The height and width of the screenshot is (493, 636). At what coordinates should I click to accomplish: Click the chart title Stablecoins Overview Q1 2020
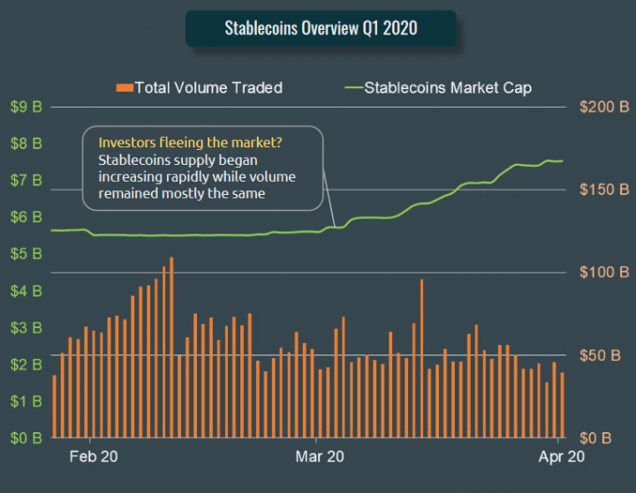click(x=321, y=28)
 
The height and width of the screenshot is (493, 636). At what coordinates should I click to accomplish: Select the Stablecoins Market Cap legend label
click(x=448, y=87)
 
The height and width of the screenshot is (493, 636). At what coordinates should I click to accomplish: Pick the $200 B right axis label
click(x=604, y=107)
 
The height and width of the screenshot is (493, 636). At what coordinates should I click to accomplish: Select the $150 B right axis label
click(x=604, y=190)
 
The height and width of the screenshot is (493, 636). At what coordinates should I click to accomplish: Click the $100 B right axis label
click(x=604, y=273)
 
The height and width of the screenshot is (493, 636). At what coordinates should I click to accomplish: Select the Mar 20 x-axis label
click(x=319, y=457)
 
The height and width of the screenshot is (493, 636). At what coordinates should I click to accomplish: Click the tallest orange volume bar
click(x=171, y=348)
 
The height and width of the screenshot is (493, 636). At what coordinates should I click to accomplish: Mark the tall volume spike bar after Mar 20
click(x=421, y=359)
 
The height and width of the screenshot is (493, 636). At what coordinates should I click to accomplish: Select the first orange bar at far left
click(x=55, y=407)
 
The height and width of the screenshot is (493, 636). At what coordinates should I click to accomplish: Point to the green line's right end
click(x=563, y=161)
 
